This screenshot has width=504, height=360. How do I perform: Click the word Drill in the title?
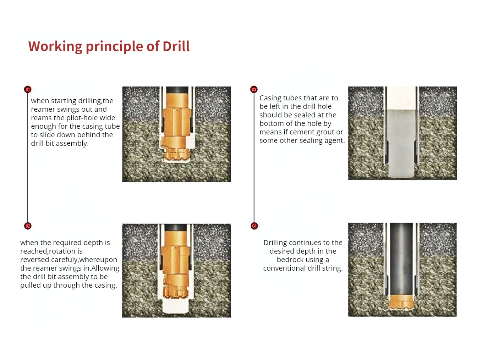coord(176,46)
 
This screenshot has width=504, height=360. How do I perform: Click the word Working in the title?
coord(55,47)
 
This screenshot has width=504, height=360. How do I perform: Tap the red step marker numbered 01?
coord(28,89)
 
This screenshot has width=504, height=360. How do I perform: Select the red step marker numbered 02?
coord(28,226)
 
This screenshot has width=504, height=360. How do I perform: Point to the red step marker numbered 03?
coord(254,89)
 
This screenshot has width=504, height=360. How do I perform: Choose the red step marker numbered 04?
coord(254,226)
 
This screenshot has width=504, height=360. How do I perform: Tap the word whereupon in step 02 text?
coord(98,260)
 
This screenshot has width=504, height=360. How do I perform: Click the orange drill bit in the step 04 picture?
coord(401,302)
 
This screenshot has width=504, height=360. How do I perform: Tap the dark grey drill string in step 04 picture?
coord(401,259)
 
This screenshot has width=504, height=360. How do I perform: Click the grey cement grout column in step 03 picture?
coord(401,143)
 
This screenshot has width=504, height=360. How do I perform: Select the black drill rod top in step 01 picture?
coord(177,90)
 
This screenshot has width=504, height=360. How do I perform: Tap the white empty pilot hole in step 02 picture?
coord(175,306)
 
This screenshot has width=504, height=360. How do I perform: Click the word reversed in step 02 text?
coord(35,260)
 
